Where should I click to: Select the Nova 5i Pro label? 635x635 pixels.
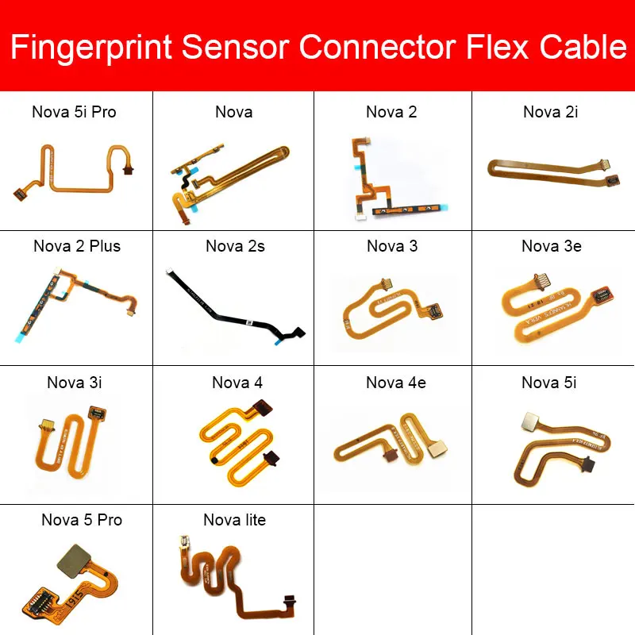click(x=74, y=112)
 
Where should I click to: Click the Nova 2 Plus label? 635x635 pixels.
click(x=77, y=246)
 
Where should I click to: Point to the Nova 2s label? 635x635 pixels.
click(x=235, y=246)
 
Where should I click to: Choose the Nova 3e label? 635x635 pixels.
click(x=551, y=246)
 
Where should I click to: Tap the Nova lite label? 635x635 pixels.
click(x=234, y=520)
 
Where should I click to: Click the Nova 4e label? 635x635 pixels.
click(x=395, y=383)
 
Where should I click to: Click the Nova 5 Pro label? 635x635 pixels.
click(x=82, y=520)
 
